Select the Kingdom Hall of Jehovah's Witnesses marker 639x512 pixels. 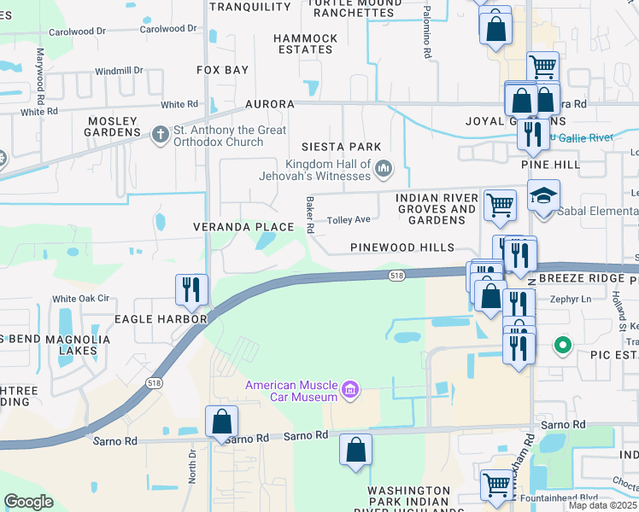click(x=384, y=169)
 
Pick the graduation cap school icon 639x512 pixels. click(x=543, y=196)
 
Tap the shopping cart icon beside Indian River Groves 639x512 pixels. click(x=500, y=204)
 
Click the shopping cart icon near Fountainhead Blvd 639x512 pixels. click(x=496, y=484)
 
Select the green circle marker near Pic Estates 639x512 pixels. click(x=562, y=346)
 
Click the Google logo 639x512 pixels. click(x=29, y=502)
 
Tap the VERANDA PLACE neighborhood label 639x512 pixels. click(x=243, y=227)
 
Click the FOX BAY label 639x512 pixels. click(x=222, y=69)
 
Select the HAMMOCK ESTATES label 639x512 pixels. click(x=305, y=44)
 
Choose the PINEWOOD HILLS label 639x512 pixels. click(x=402, y=247)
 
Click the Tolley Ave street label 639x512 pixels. click(x=349, y=219)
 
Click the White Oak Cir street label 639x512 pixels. click(x=81, y=299)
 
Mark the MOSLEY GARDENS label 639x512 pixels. click(x=113, y=126)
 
